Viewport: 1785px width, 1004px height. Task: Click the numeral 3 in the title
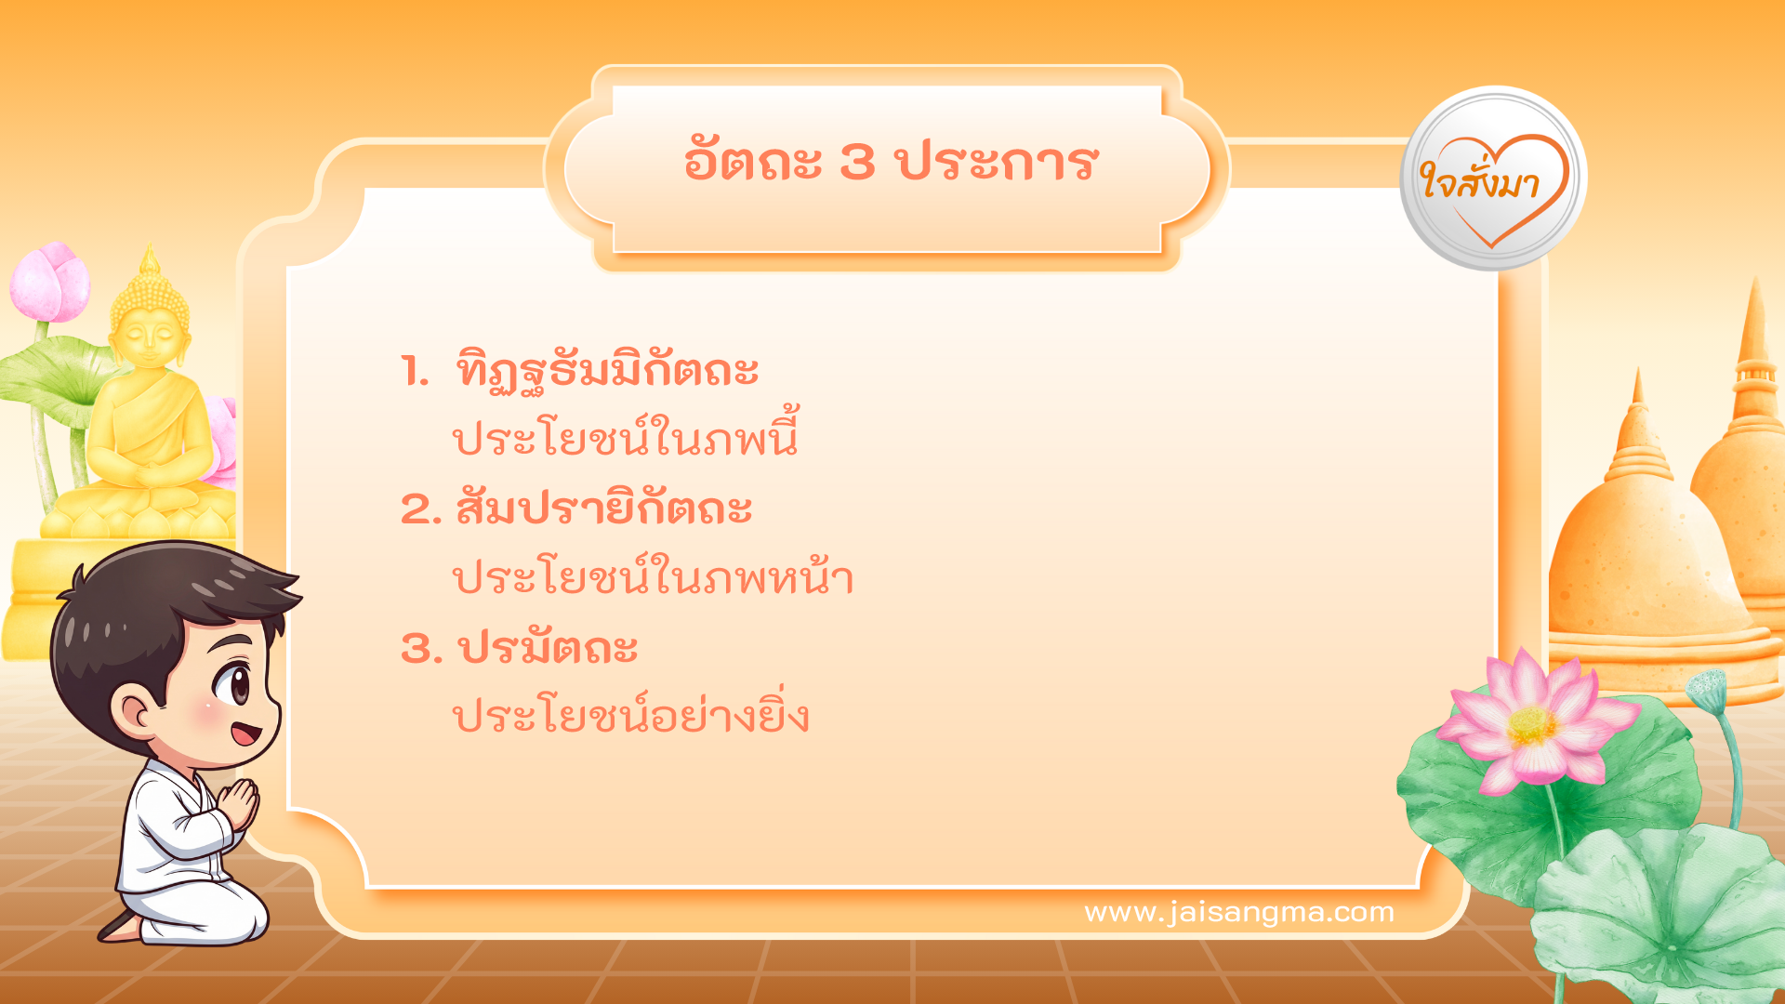point(857,162)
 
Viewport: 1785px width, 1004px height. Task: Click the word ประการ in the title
point(998,162)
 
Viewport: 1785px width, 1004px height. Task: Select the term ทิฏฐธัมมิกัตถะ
point(607,371)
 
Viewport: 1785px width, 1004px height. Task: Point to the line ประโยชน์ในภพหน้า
point(653,577)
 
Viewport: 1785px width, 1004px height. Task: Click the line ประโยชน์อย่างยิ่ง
point(630,716)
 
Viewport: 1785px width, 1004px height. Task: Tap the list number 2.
point(417,510)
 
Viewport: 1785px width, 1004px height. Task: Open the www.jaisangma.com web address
point(1239,912)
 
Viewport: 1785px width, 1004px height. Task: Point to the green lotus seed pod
point(1707,689)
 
